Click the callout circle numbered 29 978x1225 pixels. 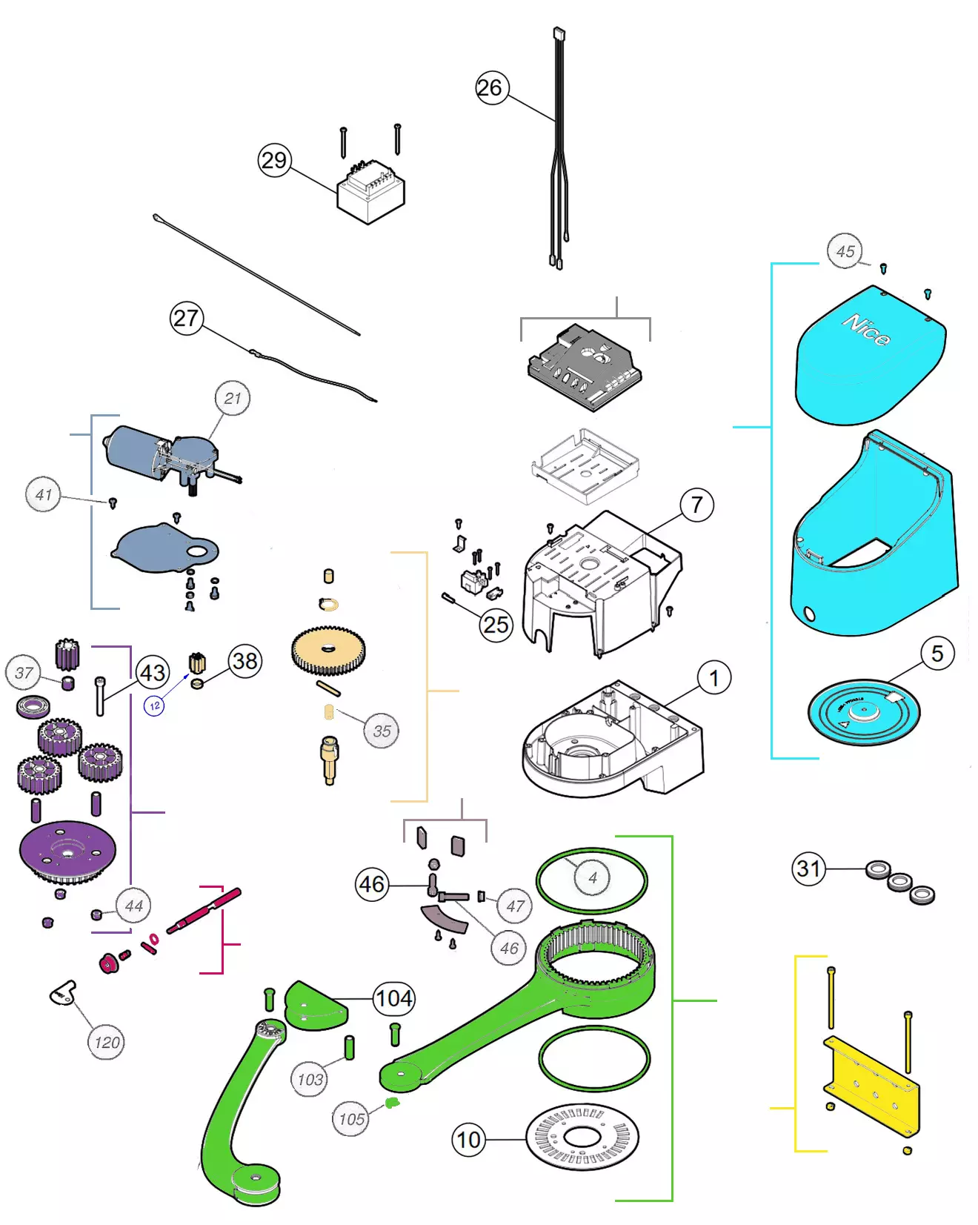coord(274,160)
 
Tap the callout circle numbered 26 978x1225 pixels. coord(489,88)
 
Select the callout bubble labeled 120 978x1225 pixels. coord(107,1043)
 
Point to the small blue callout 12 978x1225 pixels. coord(154,706)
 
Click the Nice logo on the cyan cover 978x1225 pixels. coord(866,331)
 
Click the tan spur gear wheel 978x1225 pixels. coord(328,651)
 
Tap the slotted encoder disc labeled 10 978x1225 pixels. coord(582,1138)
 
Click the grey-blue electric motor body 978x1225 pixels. coord(133,450)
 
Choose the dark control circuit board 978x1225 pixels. coord(584,366)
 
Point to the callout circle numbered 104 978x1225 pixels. coord(394,998)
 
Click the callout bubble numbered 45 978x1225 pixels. coord(845,251)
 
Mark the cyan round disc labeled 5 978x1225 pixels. coord(863,711)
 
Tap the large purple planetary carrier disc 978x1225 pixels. coord(67,851)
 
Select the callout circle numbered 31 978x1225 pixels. coord(808,868)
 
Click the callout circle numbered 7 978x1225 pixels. coord(696,505)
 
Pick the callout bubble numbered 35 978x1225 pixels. coord(382,731)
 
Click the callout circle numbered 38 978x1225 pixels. coord(245,660)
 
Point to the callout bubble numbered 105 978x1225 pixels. coord(351,1119)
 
